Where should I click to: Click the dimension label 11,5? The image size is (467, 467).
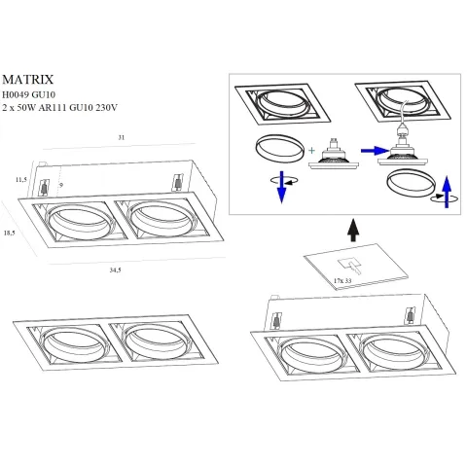click(x=19, y=180)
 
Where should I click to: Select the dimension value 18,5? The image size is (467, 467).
click(x=9, y=233)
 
